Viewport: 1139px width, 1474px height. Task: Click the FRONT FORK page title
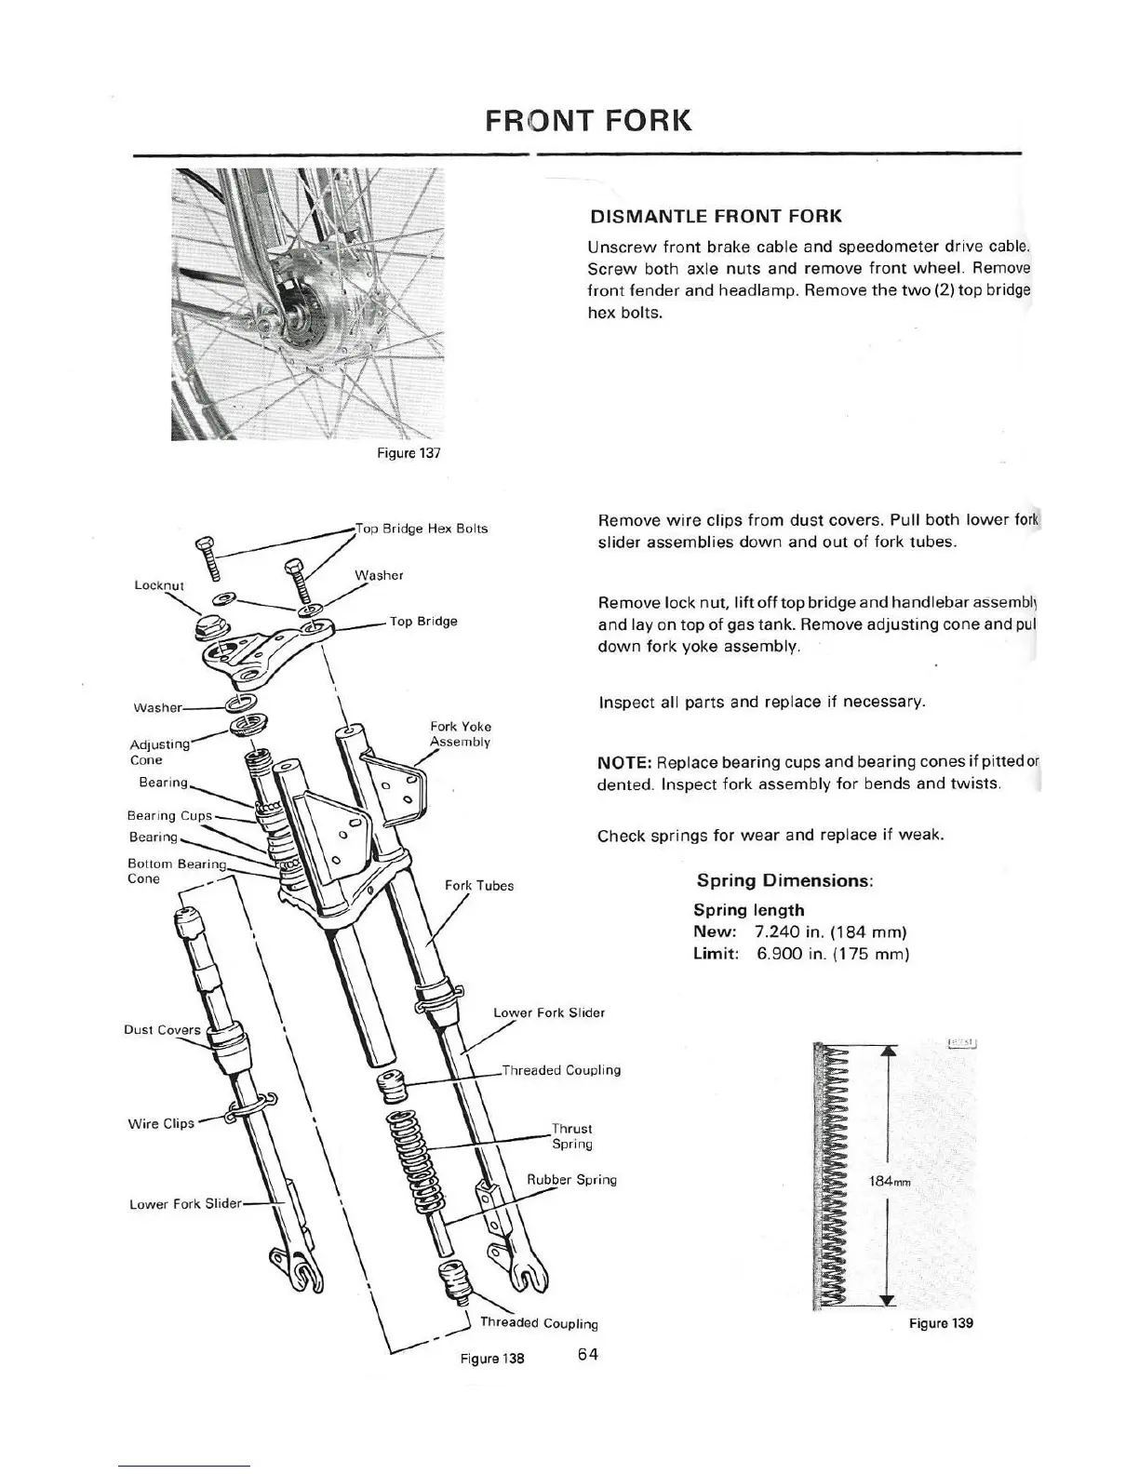[588, 122]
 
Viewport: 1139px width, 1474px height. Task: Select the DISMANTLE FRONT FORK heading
[716, 217]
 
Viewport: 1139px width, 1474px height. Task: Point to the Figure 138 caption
[492, 1358]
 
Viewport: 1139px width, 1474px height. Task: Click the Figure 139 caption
[942, 1322]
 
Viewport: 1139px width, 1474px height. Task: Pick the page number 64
[587, 1354]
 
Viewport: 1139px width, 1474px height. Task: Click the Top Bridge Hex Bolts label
[422, 529]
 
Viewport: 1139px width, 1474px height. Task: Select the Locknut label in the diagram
[159, 585]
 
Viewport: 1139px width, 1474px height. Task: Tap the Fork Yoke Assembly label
[460, 734]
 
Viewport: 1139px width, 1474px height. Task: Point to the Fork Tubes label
[478, 885]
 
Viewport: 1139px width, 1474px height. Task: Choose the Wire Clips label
[161, 1123]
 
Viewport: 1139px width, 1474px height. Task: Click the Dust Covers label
[162, 1029]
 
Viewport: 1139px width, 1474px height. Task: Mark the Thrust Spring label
[571, 1136]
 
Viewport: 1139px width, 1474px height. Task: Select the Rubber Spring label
[571, 1180]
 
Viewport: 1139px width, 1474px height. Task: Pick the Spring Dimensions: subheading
[784, 880]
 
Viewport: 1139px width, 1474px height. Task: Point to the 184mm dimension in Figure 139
[888, 1182]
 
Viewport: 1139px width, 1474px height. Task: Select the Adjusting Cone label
[158, 752]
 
